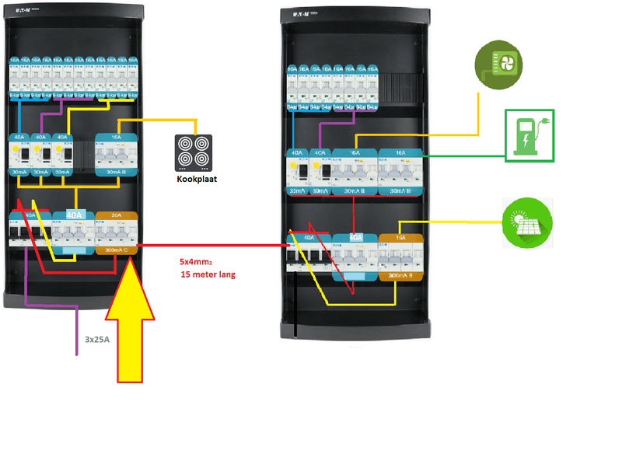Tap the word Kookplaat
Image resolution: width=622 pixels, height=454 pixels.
tap(195, 180)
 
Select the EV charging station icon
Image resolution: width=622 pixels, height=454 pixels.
tap(529, 134)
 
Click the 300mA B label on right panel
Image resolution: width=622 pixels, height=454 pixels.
tap(400, 275)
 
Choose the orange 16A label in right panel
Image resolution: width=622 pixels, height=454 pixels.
tap(400, 237)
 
